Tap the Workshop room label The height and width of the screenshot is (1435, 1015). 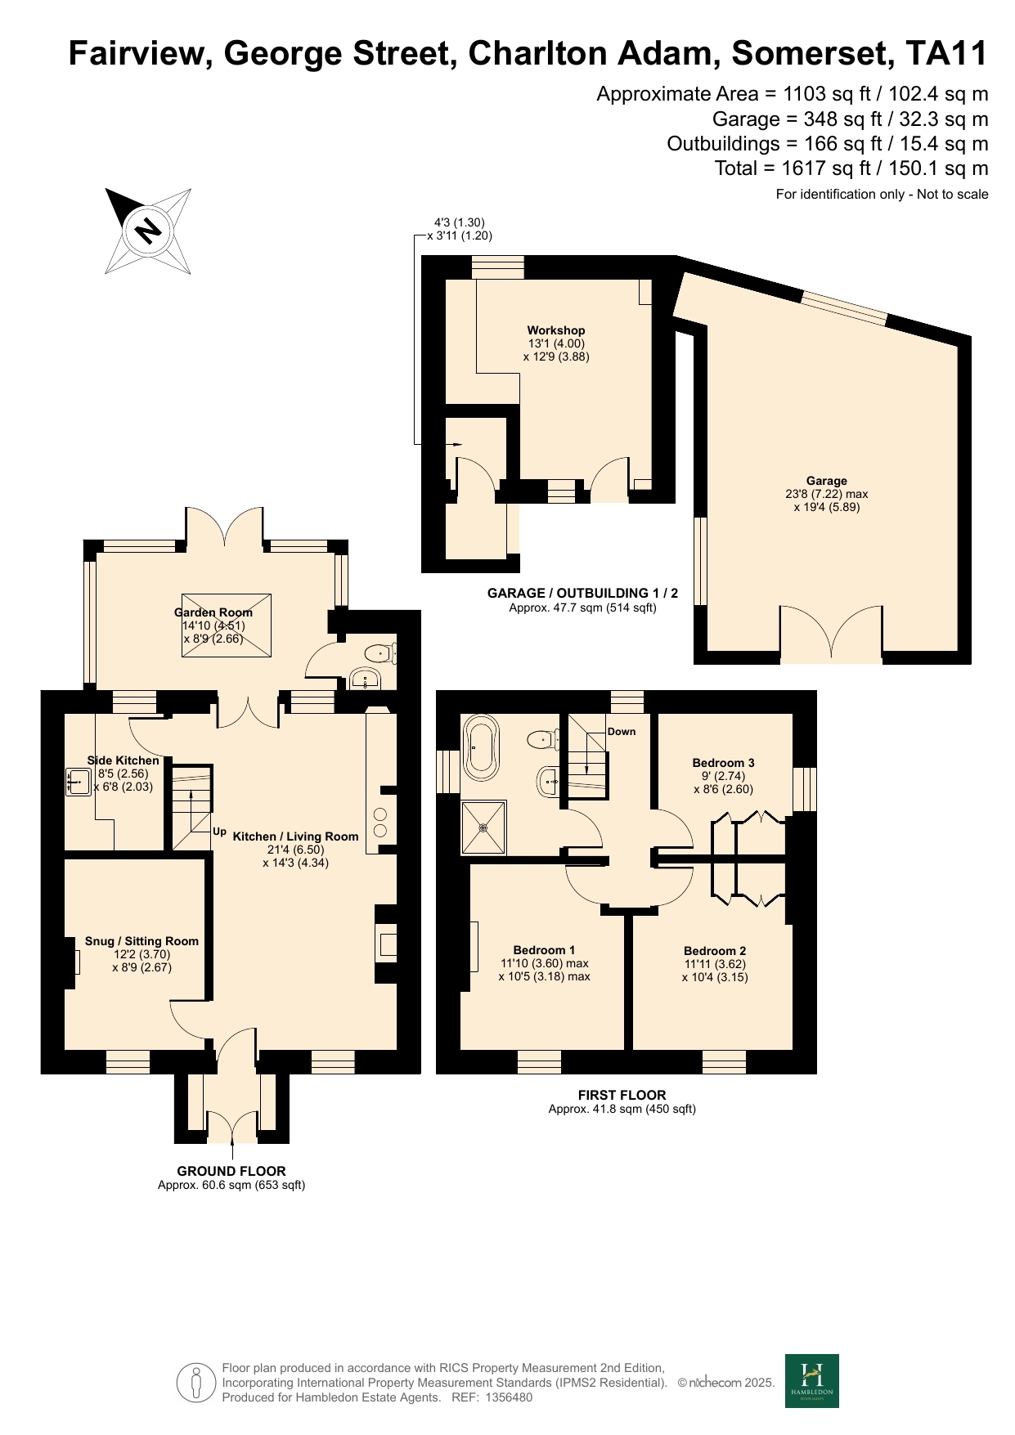556,330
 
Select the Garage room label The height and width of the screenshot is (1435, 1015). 826,481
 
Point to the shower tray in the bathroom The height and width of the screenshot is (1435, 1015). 483,827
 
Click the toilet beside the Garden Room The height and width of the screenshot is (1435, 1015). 381,652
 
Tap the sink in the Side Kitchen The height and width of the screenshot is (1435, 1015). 79,782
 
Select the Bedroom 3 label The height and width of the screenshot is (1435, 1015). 723,763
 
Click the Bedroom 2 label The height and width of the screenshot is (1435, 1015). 715,951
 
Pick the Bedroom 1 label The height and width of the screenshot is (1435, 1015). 544,950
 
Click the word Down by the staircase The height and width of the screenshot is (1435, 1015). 622,732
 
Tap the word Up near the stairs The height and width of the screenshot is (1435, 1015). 219,832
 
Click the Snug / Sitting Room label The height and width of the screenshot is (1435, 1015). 142,941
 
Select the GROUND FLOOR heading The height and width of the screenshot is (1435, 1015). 231,1171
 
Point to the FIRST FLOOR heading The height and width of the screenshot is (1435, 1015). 622,1095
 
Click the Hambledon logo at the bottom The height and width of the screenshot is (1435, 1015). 812,1381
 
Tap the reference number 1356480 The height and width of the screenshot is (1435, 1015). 509,1397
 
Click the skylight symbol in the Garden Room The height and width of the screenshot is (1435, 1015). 226,625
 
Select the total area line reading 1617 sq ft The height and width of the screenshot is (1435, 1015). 851,168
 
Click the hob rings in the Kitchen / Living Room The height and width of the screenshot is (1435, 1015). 381,822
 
